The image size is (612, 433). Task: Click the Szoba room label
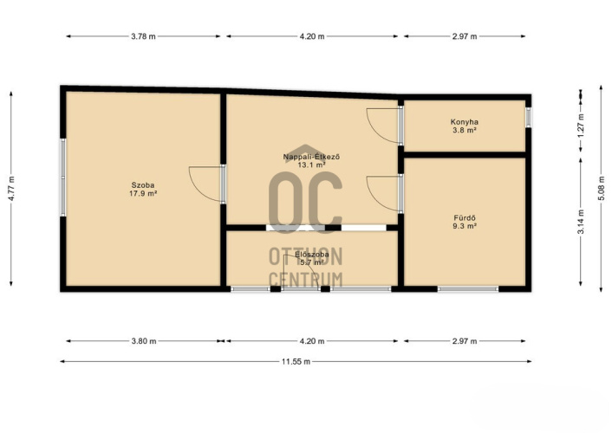(143, 185)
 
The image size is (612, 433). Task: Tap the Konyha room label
(465, 122)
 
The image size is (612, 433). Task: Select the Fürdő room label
(465, 218)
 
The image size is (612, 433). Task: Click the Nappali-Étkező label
(312, 157)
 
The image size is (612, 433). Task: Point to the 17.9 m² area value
(143, 193)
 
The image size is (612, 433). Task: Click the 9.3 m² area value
(465, 226)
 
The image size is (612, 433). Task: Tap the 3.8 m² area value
(465, 130)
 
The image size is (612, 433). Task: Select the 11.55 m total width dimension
(296, 362)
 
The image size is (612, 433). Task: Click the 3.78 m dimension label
(143, 36)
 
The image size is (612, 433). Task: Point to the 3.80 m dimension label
(144, 341)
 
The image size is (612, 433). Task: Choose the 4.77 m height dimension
(11, 189)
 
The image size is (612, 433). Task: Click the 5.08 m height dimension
(602, 189)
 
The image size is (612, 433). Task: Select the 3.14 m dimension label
(581, 222)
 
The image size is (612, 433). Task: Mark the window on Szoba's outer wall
(62, 178)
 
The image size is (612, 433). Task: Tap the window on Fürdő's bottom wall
(468, 289)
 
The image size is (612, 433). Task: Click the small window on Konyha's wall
(528, 118)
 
